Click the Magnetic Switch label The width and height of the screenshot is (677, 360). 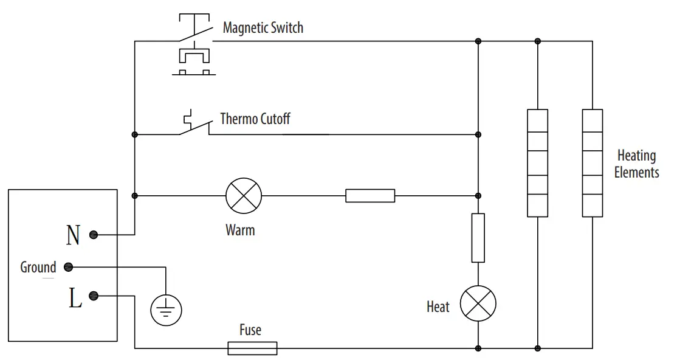(x=263, y=28)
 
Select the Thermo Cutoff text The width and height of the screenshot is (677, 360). (x=255, y=118)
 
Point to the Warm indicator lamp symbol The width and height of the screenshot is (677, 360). (x=244, y=196)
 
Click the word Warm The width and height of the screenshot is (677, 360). (x=240, y=230)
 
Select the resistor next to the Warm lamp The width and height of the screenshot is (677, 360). (x=370, y=196)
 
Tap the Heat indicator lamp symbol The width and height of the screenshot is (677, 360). (x=478, y=303)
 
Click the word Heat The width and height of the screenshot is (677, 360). (x=438, y=307)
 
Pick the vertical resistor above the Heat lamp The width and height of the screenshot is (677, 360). (x=478, y=238)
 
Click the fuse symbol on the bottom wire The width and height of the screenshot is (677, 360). (x=252, y=348)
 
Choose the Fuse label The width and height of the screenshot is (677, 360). (x=250, y=330)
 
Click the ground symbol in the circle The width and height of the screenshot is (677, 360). (x=166, y=310)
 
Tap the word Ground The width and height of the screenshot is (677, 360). (x=38, y=268)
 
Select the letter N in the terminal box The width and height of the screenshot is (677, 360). (x=73, y=235)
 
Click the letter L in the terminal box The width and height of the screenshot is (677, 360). (x=75, y=299)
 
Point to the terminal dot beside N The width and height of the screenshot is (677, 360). (x=94, y=235)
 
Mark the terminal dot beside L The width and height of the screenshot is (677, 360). (x=94, y=296)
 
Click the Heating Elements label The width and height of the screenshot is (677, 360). (x=636, y=164)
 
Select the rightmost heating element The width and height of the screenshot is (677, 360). (x=593, y=163)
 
